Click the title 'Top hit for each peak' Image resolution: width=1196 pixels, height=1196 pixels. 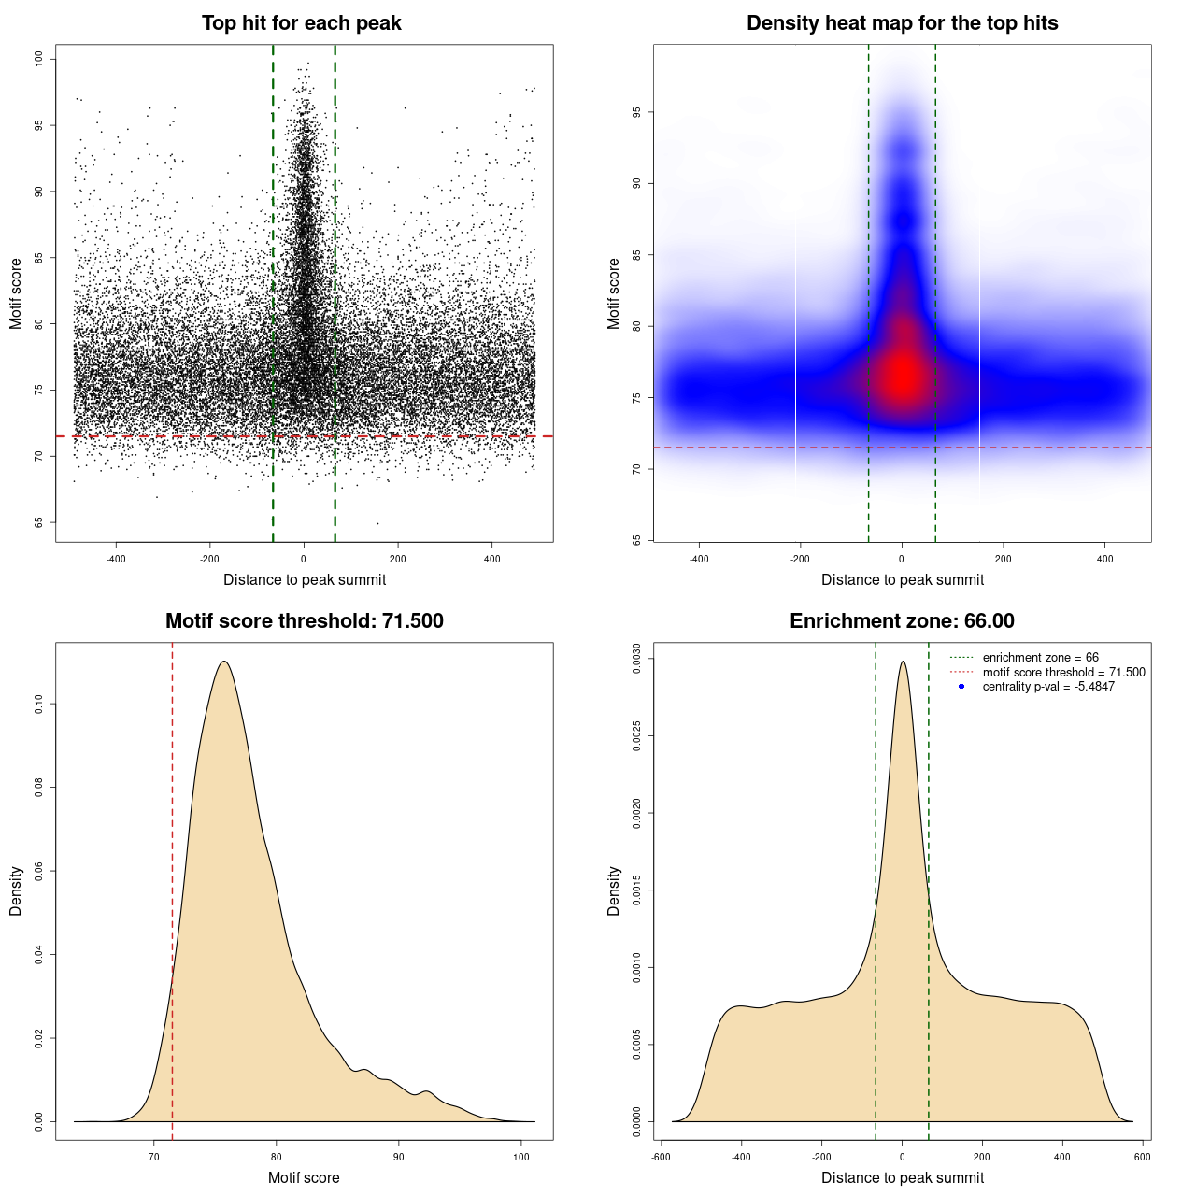click(x=301, y=23)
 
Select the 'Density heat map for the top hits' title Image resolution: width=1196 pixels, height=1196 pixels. click(x=902, y=23)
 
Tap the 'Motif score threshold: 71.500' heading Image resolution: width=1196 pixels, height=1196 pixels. click(x=304, y=621)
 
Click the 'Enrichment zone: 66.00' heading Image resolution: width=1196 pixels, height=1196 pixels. click(x=902, y=621)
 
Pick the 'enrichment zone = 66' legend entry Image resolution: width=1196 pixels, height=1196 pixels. click(x=1040, y=658)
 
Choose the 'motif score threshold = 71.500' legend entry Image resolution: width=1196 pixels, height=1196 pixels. click(x=1063, y=672)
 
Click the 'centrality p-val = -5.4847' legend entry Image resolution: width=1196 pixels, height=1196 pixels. click(x=1048, y=687)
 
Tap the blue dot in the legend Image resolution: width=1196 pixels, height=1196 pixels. click(x=961, y=687)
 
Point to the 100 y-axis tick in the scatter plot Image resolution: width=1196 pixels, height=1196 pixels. click(x=39, y=59)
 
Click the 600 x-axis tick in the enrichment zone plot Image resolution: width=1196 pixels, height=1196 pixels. click(x=1143, y=1157)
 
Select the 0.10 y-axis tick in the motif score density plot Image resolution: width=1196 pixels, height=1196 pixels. click(x=39, y=704)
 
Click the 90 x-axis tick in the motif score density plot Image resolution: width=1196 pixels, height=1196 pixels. click(x=399, y=1157)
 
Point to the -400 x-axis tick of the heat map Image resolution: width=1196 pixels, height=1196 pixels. click(x=699, y=559)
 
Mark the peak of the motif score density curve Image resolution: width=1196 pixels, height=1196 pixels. click(x=224, y=662)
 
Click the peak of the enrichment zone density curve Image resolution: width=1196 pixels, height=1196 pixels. click(x=903, y=662)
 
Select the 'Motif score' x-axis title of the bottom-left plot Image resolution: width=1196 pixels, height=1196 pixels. click(x=304, y=1177)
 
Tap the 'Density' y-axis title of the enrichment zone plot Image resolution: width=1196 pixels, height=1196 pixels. click(x=614, y=890)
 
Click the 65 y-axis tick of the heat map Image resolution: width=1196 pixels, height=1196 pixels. click(x=637, y=540)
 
